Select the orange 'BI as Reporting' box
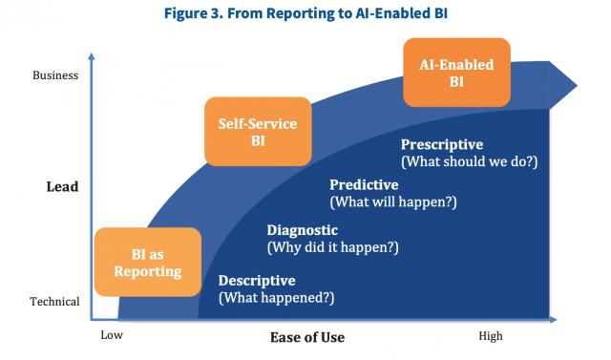[147, 263]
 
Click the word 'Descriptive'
[257, 281]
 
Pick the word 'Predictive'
[364, 184]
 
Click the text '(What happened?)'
[276, 298]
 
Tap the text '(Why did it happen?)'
[331, 248]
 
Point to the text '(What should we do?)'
[469, 161]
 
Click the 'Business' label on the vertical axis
[55, 74]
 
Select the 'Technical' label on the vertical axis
[54, 302]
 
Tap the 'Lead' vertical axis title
[62, 186]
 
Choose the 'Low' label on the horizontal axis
[113, 335]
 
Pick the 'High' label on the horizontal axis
[491, 335]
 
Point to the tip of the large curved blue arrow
[576, 87]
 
